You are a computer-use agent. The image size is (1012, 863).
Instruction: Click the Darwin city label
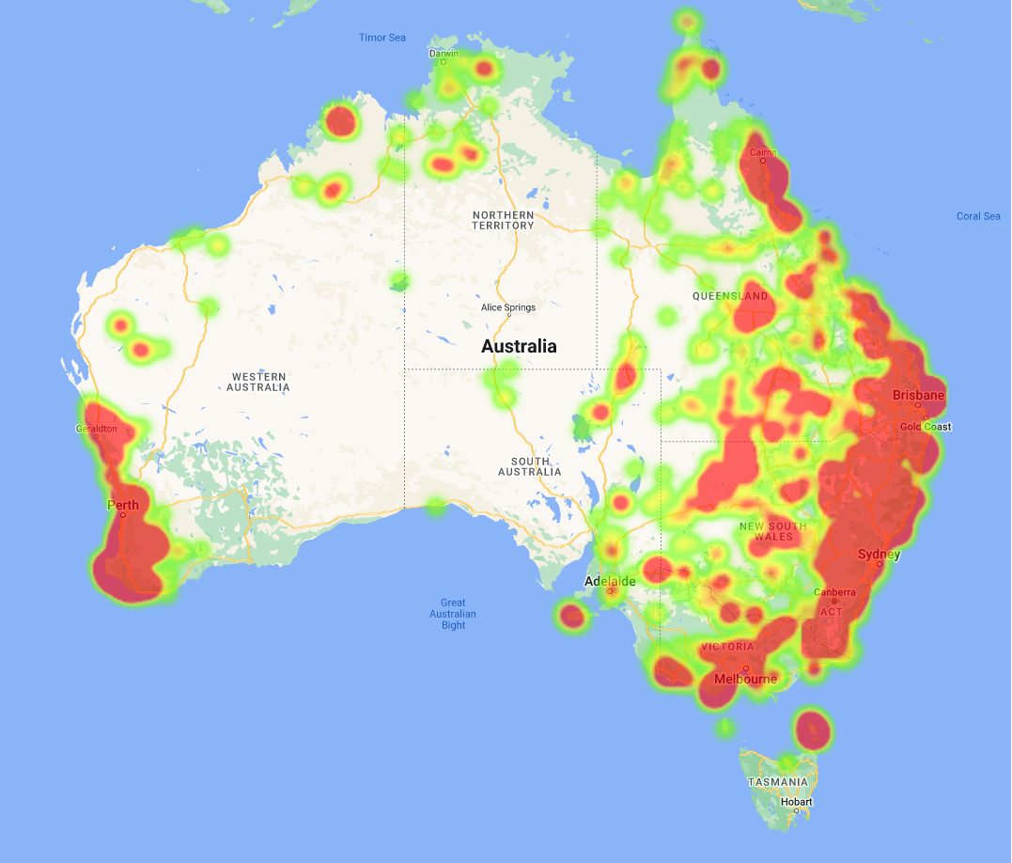(x=444, y=54)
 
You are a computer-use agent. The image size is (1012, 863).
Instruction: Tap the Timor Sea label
(x=382, y=38)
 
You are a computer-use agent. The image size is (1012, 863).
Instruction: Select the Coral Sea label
(x=978, y=216)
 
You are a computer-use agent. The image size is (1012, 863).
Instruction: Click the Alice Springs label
(x=507, y=307)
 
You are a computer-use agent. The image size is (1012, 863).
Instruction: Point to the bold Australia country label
(x=519, y=346)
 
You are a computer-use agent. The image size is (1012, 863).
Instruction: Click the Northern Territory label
(x=503, y=220)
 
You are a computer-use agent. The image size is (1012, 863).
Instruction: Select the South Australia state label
(x=530, y=466)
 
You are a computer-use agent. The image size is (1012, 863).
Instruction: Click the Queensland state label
(x=730, y=296)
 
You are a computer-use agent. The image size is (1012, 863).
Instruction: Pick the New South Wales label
(x=773, y=531)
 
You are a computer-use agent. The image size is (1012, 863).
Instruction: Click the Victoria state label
(x=727, y=647)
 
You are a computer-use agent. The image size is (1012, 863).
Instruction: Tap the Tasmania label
(x=778, y=782)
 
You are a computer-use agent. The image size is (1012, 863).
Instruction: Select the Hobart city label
(x=796, y=802)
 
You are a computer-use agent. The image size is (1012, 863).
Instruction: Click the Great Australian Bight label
(x=453, y=614)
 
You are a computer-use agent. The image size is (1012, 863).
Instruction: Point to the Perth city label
(x=123, y=505)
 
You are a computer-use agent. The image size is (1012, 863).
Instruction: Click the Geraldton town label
(x=97, y=429)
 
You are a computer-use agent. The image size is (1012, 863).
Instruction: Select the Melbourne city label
(x=745, y=679)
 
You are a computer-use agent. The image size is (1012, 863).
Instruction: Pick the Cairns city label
(x=762, y=152)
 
